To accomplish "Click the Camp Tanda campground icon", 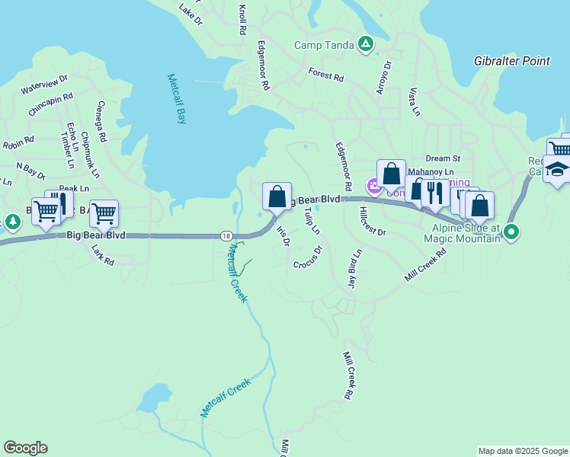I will coord(366,44).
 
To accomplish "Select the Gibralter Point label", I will coord(512,61).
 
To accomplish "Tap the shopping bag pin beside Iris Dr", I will coord(277,197).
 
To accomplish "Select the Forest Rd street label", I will coord(326,74).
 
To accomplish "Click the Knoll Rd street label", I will coord(242,20).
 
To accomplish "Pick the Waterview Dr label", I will coord(44,84).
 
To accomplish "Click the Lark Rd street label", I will coord(102,255).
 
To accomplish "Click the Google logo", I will coord(25,448).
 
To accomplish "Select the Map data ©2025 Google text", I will coord(523,451).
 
